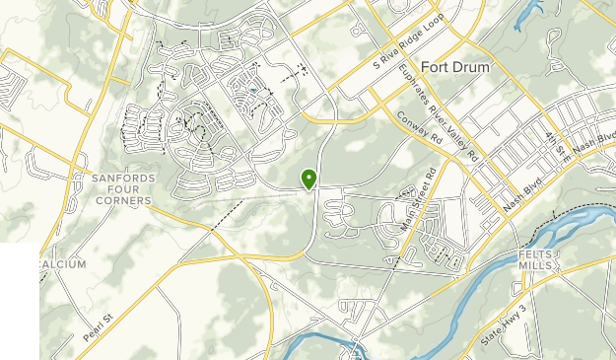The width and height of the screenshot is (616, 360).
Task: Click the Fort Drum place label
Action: coord(454,68)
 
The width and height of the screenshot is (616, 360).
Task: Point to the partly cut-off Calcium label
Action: coord(63,264)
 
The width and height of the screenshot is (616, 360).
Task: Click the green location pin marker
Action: coord(309,179)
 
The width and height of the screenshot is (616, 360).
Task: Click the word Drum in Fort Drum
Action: coord(471,68)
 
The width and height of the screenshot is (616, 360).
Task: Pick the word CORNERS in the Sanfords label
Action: coord(123,199)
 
